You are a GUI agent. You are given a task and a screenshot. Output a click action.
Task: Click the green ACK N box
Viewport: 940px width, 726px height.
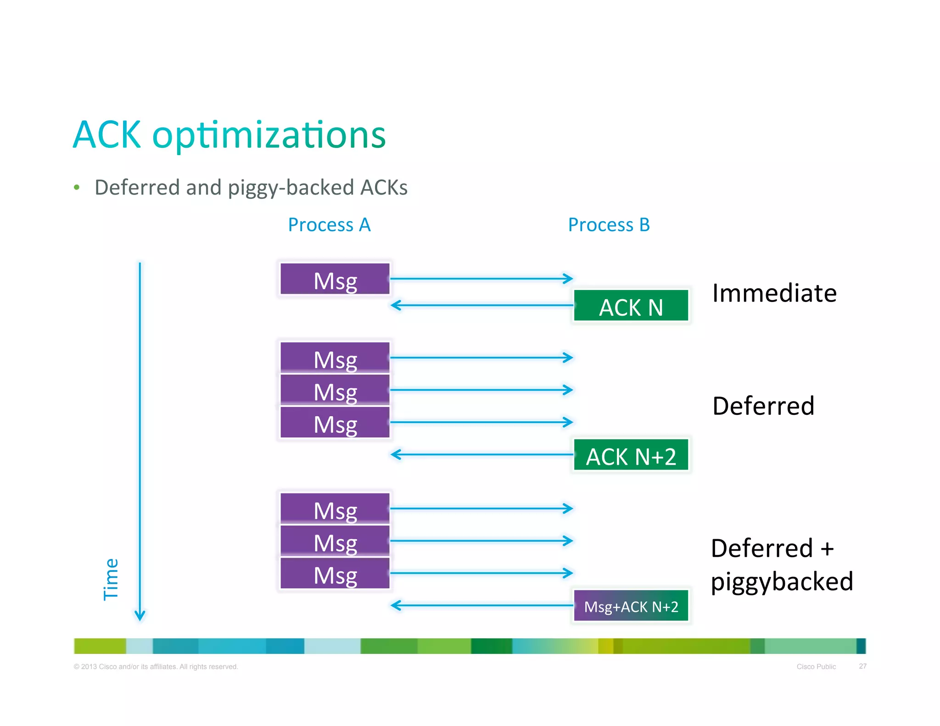tap(631, 306)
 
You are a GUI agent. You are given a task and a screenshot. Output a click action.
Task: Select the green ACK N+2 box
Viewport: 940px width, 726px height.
tap(631, 455)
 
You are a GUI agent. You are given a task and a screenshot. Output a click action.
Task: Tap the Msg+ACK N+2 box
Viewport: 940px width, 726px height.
tap(631, 606)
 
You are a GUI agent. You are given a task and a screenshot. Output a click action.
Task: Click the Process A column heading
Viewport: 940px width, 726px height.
tap(329, 225)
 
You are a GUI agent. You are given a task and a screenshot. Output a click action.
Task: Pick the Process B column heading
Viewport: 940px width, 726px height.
tap(609, 225)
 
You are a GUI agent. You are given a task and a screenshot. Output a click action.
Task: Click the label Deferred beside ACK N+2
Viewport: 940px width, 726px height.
tap(763, 406)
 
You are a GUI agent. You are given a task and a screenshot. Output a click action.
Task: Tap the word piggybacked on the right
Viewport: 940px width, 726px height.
tap(781, 582)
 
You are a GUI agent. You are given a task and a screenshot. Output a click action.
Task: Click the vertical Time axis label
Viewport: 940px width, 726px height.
tap(111, 579)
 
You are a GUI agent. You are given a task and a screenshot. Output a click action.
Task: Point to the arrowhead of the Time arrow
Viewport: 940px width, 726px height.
tap(140, 616)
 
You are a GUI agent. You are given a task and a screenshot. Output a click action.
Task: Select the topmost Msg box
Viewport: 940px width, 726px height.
tap(335, 279)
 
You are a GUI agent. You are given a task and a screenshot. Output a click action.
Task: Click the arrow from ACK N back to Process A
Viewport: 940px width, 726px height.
tap(482, 305)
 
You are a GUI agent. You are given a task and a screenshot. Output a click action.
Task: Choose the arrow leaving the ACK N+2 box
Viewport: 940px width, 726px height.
tap(482, 454)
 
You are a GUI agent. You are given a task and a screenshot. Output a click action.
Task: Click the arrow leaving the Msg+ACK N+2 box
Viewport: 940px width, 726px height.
tap(482, 605)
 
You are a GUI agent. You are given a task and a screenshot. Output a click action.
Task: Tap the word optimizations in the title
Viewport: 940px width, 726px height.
tap(269, 135)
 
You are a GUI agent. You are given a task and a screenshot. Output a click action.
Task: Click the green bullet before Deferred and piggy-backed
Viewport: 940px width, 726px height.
tap(77, 187)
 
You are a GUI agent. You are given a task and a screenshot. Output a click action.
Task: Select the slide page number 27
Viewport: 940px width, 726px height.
tap(862, 666)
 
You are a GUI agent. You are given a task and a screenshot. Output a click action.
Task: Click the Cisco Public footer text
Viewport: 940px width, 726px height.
tap(816, 666)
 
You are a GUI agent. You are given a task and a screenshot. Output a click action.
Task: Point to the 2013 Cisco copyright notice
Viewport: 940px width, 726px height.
tap(156, 666)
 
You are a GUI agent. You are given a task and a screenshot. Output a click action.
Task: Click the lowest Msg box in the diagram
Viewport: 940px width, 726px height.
tap(335, 574)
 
